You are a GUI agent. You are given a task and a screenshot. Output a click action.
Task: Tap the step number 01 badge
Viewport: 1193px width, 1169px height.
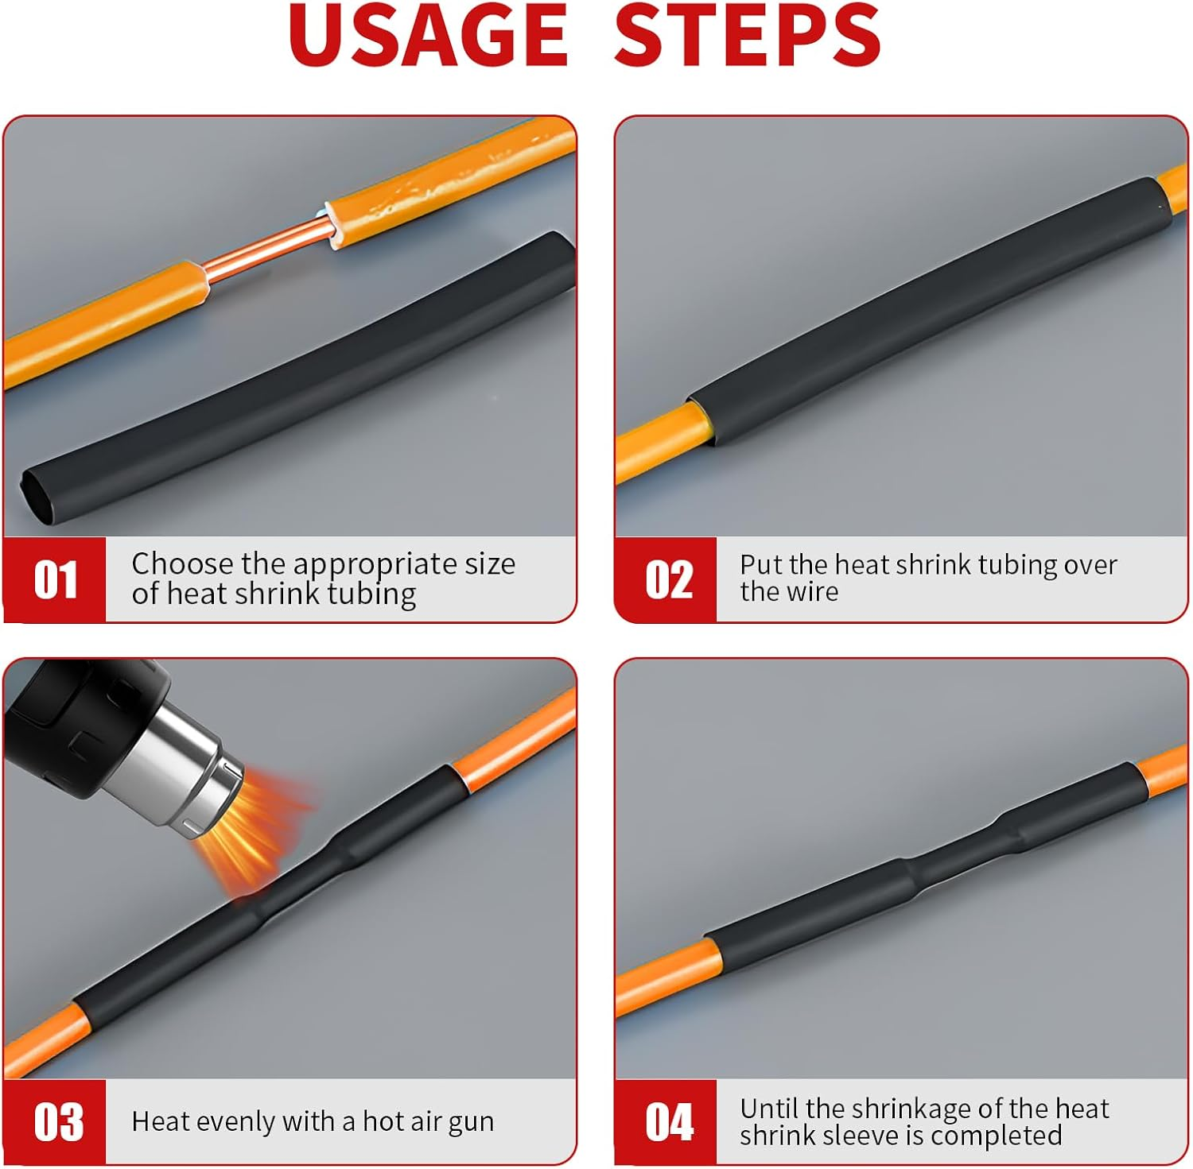(56, 579)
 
